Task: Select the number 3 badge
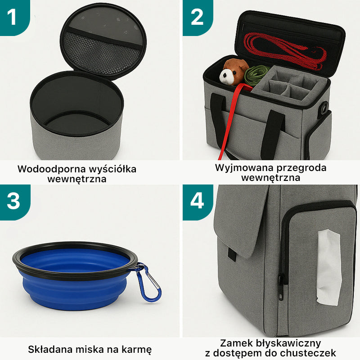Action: tap(13, 201)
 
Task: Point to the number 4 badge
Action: tap(197, 201)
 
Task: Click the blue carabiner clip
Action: tap(148, 283)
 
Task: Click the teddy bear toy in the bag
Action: tap(234, 71)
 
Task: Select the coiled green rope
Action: tap(257, 74)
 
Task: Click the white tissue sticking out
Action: tap(328, 265)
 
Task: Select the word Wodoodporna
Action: tap(50, 169)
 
